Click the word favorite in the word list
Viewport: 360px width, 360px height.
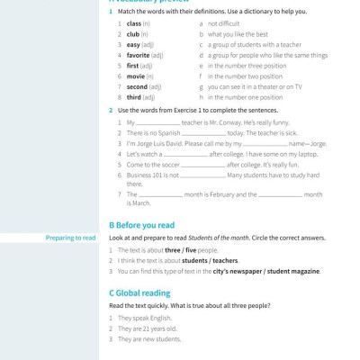pos(139,55)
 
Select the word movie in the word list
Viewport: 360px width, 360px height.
pos(134,76)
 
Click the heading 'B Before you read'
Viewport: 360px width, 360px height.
pos(141,225)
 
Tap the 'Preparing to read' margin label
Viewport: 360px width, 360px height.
pos(71,238)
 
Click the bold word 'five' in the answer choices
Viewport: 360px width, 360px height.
pos(190,249)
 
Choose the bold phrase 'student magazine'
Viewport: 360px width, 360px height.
pos(289,271)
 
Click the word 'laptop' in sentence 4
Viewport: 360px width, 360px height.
pos(305,154)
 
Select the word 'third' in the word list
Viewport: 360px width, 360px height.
pos(134,96)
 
